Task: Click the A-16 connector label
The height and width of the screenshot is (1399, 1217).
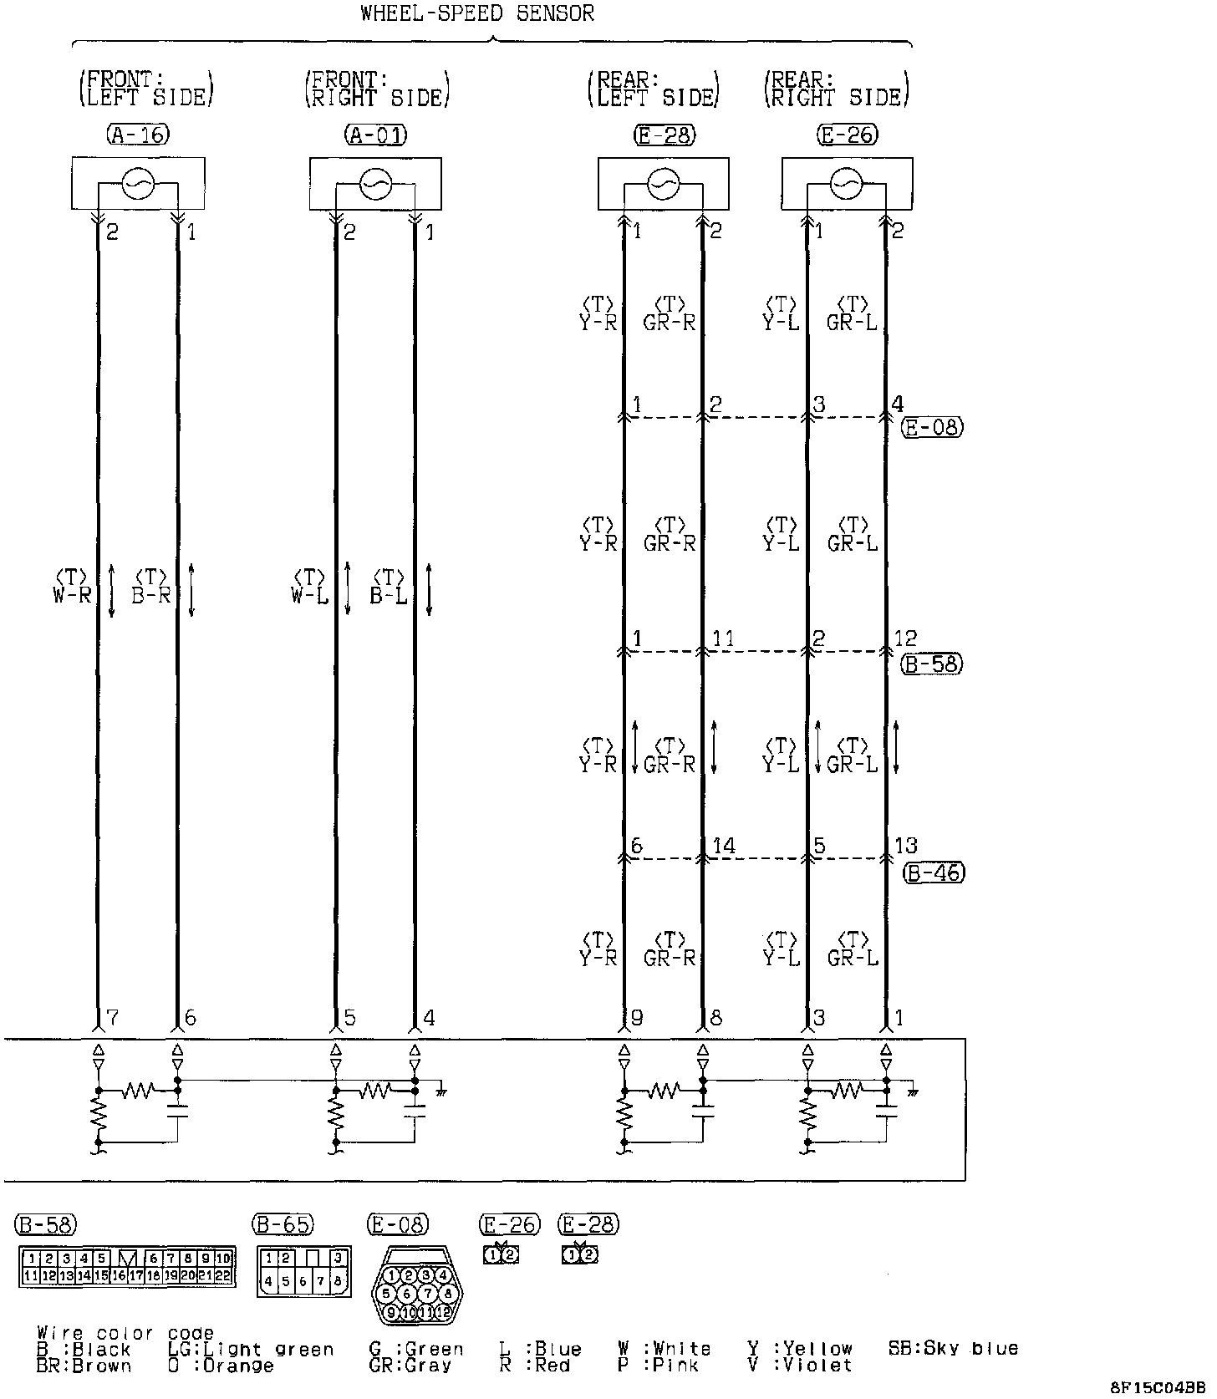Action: point(138,135)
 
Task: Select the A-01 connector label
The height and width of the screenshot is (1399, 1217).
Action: point(375,135)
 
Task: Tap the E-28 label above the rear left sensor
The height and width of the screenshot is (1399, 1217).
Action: point(665,135)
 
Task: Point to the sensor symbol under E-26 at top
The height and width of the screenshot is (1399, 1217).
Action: point(847,183)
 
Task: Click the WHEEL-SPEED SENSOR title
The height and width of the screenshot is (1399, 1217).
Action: point(477,13)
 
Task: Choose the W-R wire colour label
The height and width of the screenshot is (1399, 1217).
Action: point(71,596)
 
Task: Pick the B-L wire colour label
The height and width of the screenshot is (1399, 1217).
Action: point(389,596)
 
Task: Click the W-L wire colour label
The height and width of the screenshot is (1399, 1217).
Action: point(309,596)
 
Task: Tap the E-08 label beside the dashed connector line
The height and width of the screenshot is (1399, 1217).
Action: point(932,428)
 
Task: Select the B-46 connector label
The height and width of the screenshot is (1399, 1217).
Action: point(933,873)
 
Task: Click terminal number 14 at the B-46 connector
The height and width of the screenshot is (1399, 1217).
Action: point(724,846)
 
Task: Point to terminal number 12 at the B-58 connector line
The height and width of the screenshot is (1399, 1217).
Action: point(906,639)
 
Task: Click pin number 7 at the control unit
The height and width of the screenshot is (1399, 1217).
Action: point(113,1018)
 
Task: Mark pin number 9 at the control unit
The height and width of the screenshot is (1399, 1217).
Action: point(637,1018)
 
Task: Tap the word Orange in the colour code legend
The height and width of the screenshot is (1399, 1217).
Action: point(238,1366)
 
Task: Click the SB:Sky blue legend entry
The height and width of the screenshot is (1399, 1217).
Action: point(953,1348)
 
